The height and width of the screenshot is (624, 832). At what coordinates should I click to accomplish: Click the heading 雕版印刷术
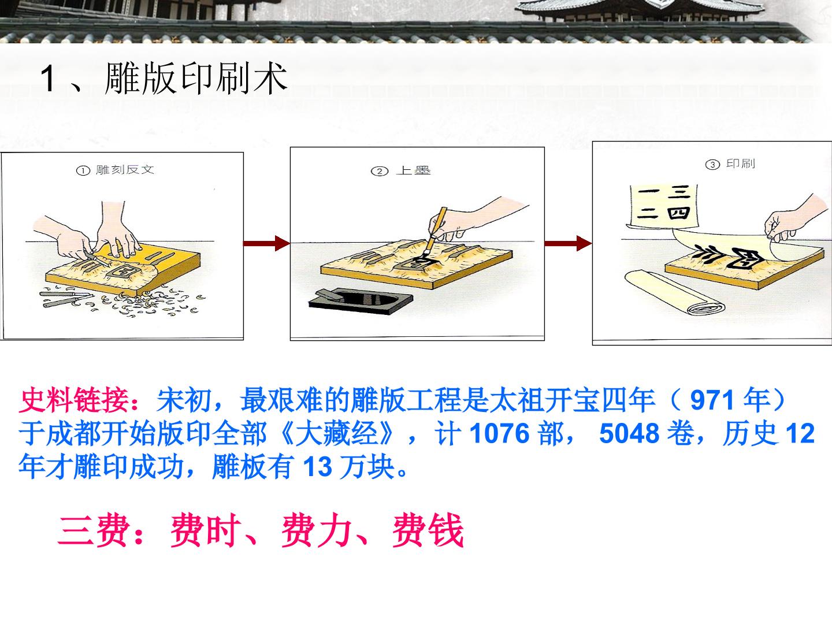(x=196, y=79)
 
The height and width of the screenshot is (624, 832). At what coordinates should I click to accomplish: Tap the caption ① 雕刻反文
(x=115, y=170)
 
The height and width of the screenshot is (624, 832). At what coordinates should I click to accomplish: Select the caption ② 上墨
(x=401, y=171)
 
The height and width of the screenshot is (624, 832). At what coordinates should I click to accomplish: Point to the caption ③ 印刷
(x=730, y=164)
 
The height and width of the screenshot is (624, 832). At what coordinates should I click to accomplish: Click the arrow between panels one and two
(x=266, y=243)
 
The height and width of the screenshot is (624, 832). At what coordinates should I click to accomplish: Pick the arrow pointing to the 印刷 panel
(x=568, y=243)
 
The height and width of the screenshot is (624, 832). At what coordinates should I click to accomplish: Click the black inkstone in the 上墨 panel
(x=361, y=301)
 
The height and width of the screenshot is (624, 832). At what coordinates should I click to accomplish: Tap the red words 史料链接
(x=74, y=400)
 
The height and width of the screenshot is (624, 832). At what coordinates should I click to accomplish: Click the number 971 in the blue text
(x=712, y=400)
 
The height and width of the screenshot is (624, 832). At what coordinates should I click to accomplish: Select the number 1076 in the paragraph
(x=499, y=433)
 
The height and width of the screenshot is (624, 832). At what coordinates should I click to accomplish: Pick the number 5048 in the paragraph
(x=629, y=433)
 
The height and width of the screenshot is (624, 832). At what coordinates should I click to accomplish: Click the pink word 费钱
(x=428, y=531)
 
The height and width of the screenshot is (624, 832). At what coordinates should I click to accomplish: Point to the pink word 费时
(x=206, y=531)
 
